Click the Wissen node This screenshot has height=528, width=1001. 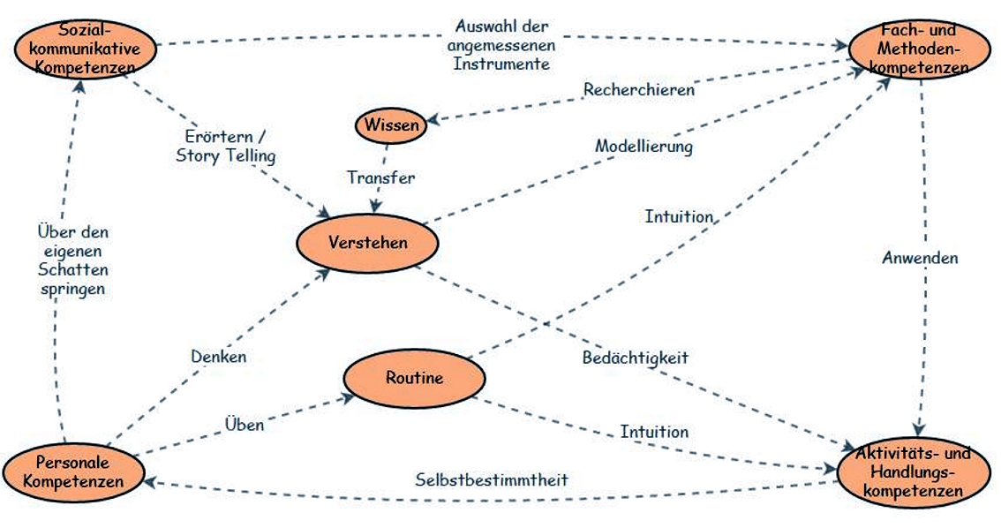[391, 125]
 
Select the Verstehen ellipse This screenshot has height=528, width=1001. [368, 241]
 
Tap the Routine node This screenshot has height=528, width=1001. [414, 379]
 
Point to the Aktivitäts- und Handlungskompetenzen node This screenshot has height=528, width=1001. [913, 471]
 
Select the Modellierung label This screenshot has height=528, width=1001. [643, 146]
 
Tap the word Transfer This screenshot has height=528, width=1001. [380, 177]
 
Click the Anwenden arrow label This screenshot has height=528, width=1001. [919, 258]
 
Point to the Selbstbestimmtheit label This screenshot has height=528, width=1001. [492, 479]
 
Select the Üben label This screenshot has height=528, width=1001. [245, 425]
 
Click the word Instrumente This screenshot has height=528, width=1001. [501, 64]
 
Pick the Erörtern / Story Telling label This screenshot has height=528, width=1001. [225, 147]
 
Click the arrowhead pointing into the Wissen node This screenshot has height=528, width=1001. [434, 122]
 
